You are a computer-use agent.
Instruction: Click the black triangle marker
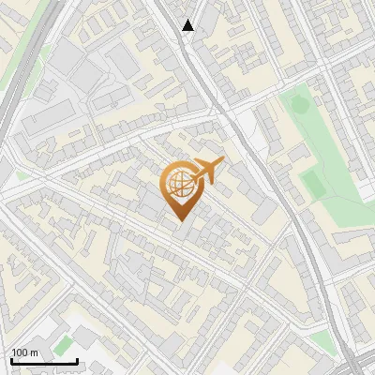tap(188, 26)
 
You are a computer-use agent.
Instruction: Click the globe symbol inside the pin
tap(182, 185)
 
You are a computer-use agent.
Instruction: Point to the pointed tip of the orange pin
tap(182, 220)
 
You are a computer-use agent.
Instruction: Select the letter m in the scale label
tap(34, 352)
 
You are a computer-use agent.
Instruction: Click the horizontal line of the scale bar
tap(43, 361)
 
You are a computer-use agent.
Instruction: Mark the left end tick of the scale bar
tap(10, 359)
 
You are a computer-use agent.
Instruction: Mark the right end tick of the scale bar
tap(77, 359)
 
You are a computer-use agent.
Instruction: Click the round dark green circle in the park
tap(301, 106)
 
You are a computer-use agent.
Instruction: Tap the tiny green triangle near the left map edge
tap(21, 175)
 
